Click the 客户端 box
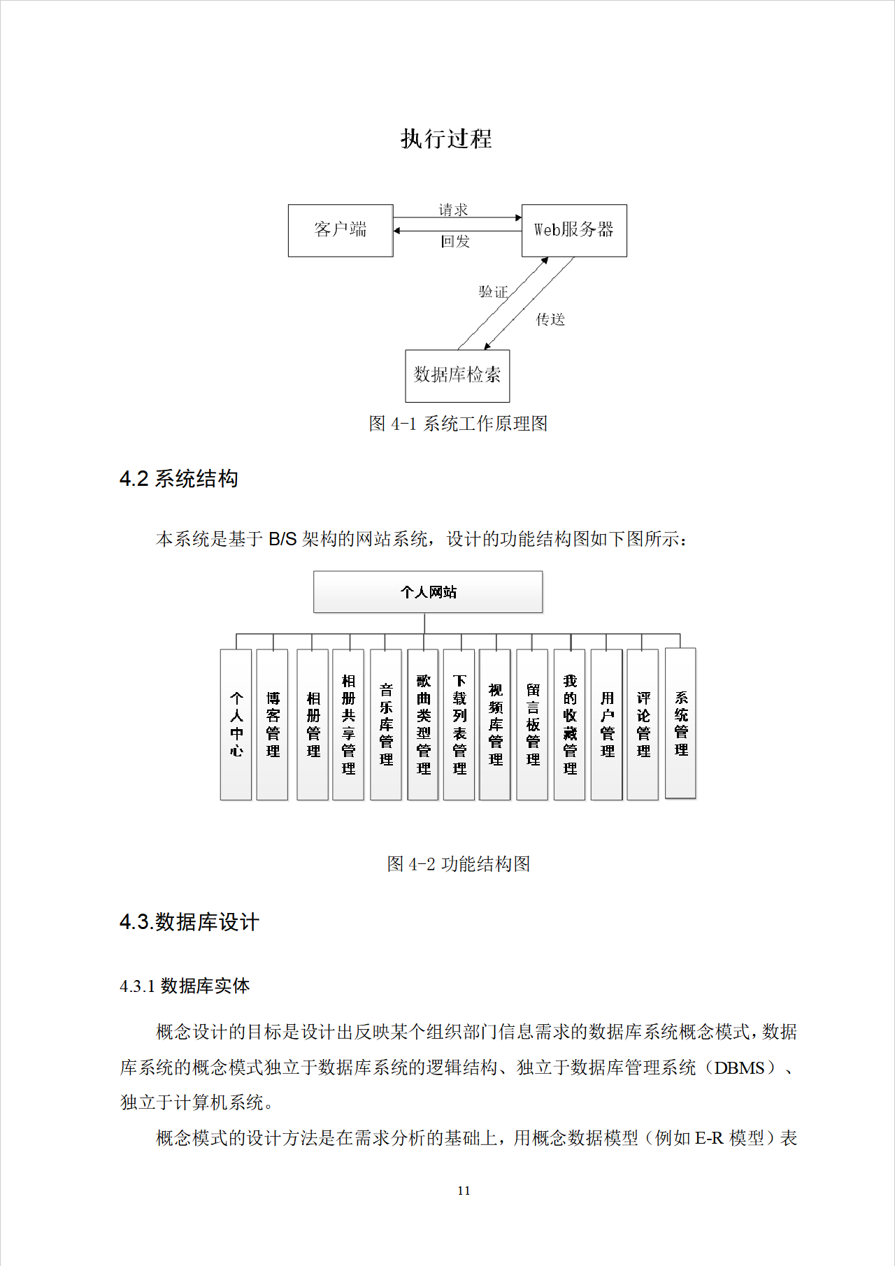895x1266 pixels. pyautogui.click(x=341, y=230)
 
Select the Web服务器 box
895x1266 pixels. pyautogui.click(x=574, y=230)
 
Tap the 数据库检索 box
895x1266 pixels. pyautogui.click(x=457, y=375)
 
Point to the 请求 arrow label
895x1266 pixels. pyautogui.click(x=453, y=210)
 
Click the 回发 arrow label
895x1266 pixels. pyautogui.click(x=455, y=242)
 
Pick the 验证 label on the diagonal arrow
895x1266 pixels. pyautogui.click(x=493, y=292)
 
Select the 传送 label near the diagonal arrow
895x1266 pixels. pyautogui.click(x=550, y=319)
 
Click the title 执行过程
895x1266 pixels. pyautogui.click(x=446, y=138)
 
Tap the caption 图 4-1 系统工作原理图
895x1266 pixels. pyautogui.click(x=458, y=424)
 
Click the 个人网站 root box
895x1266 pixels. pyautogui.click(x=428, y=592)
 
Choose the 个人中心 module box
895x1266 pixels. pyautogui.click(x=236, y=724)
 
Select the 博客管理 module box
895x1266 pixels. pyautogui.click(x=273, y=724)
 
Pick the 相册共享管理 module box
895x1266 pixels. pyautogui.click(x=348, y=724)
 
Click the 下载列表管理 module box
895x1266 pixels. pyautogui.click(x=459, y=724)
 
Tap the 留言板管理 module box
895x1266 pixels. pyautogui.click(x=533, y=724)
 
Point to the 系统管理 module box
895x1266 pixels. pyautogui.click(x=681, y=723)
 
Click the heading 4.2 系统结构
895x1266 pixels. pyautogui.click(x=179, y=479)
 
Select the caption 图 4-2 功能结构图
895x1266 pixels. pyautogui.click(x=458, y=864)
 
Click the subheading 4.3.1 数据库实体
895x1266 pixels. pyautogui.click(x=185, y=986)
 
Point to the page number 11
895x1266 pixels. pyautogui.click(x=464, y=1191)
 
